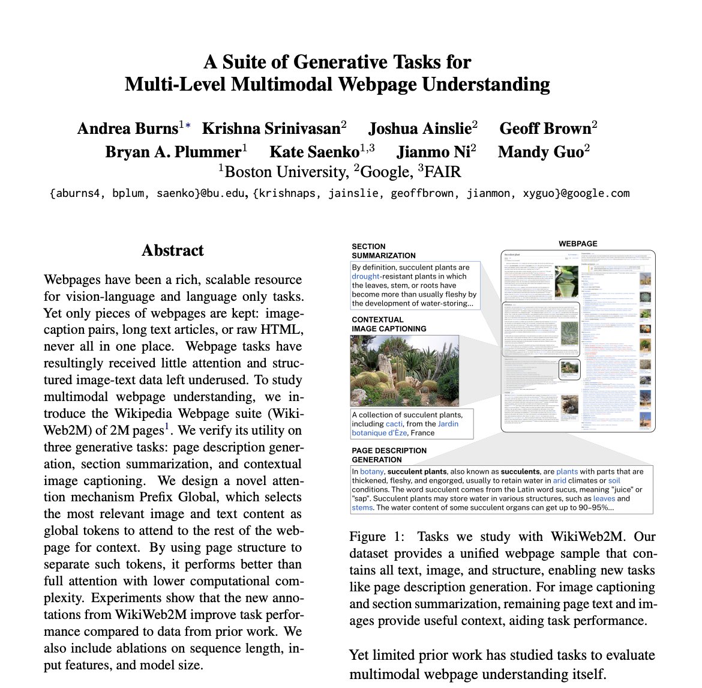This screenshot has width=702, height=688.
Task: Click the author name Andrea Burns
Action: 127,128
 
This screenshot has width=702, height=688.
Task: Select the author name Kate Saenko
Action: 314,152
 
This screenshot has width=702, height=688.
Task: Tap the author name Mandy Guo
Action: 540,152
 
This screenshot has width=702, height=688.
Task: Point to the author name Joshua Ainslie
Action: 419,128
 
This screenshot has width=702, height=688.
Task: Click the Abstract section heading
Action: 173,250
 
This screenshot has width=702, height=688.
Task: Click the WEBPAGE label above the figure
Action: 578,244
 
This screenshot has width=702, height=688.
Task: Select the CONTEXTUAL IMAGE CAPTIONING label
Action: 389,324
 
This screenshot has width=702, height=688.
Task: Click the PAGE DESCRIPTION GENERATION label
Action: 389,455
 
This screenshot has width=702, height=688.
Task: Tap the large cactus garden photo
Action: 396,370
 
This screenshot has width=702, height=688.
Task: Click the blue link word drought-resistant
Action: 366,276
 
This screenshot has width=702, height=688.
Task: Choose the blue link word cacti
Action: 394,424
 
